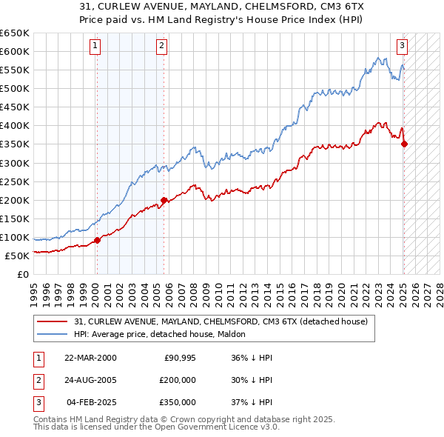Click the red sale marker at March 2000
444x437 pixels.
coord(97,240)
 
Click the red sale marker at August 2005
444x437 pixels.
coord(164,199)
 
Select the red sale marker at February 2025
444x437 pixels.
coord(404,144)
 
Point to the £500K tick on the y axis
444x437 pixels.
coord(15,88)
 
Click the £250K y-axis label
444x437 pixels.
coord(15,181)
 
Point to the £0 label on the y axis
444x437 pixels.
coord(21,274)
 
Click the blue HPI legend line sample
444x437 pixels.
coord(53,334)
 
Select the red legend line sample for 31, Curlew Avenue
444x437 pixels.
coord(53,321)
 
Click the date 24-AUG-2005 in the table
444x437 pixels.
coord(90,380)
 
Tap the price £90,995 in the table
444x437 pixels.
coord(179,358)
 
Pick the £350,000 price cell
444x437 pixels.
coord(177,402)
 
